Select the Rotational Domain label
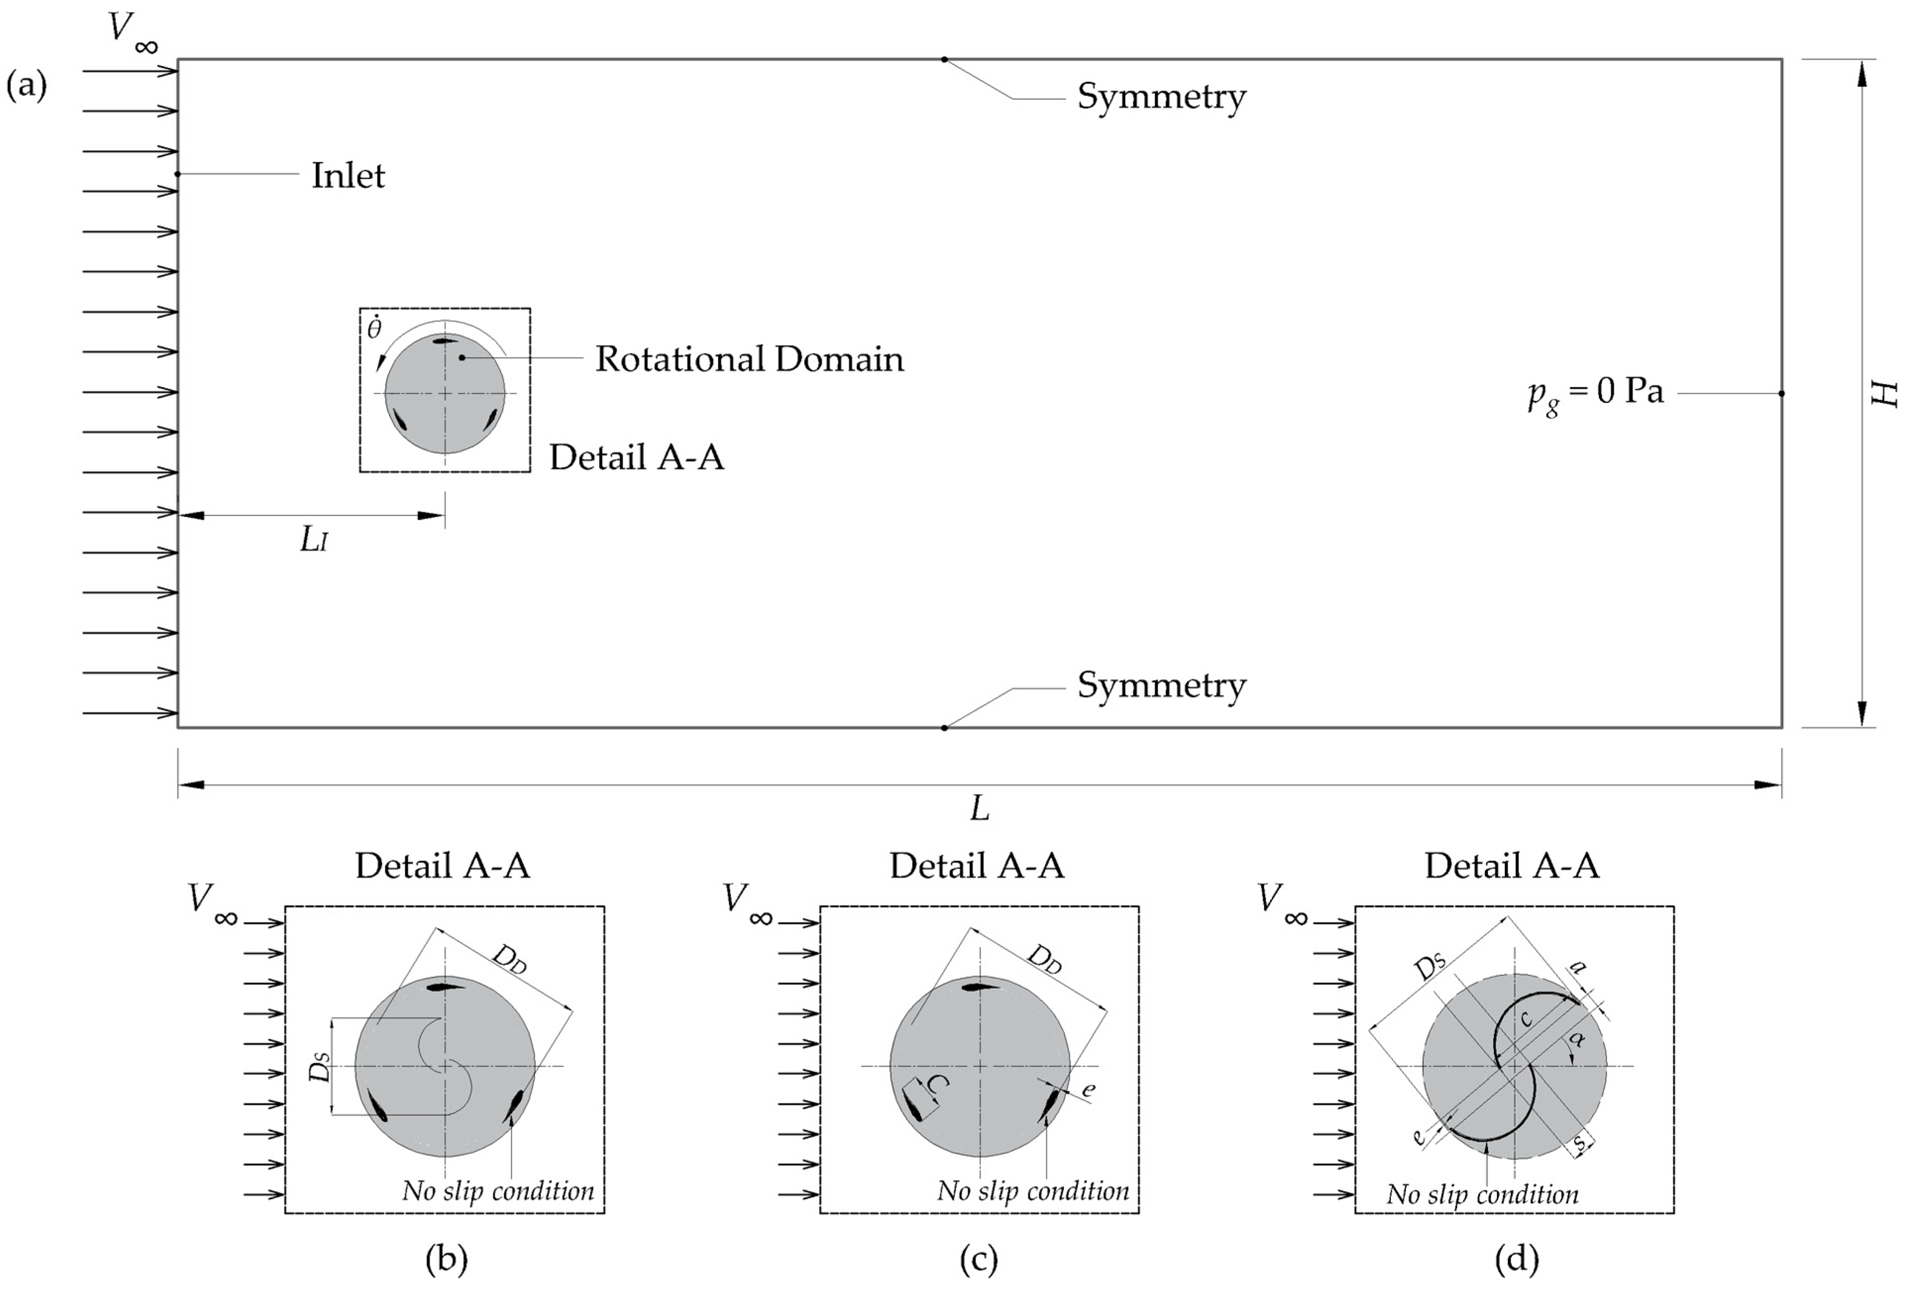(x=749, y=359)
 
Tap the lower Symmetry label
(x=1161, y=685)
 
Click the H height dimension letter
(x=1885, y=393)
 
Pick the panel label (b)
(x=446, y=1259)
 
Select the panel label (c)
(x=979, y=1259)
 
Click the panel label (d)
(x=1516, y=1259)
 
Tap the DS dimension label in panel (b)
(x=321, y=1068)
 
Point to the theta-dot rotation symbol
(x=374, y=327)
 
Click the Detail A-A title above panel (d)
(x=1511, y=866)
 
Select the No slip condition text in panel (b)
(x=497, y=1191)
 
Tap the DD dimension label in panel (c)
(x=1044, y=958)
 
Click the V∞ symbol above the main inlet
(x=131, y=31)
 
